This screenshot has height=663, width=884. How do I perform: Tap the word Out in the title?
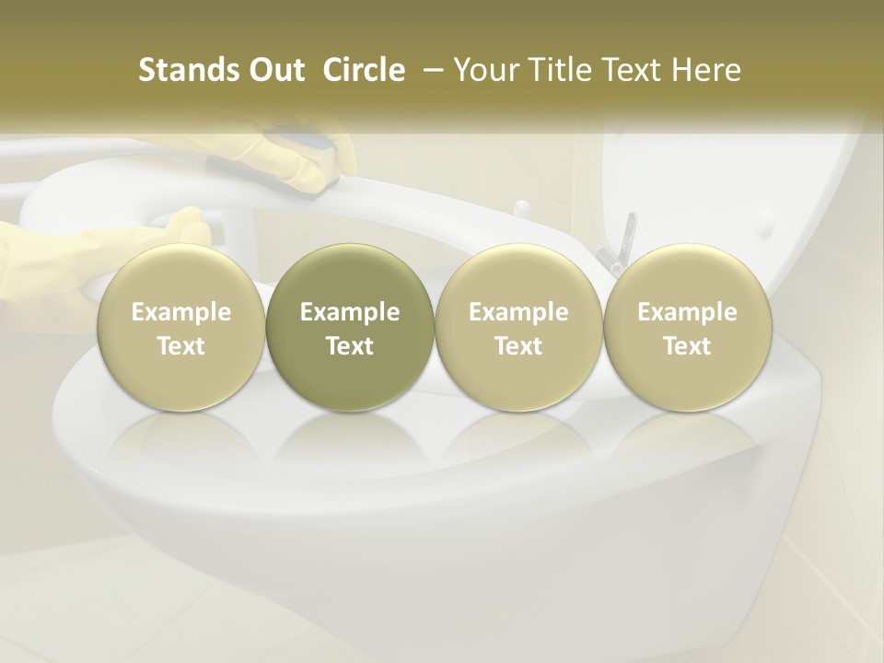click(274, 70)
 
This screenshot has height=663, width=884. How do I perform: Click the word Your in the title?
click(483, 70)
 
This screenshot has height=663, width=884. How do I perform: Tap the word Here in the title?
click(707, 70)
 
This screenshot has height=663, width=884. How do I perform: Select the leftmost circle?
click(181, 328)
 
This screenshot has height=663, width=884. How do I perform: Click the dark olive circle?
click(350, 328)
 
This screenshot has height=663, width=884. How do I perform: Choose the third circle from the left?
click(519, 328)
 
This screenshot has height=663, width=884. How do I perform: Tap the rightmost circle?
click(688, 328)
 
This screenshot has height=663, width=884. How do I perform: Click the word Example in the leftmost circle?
click(181, 312)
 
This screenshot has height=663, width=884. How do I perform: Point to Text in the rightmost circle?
click(688, 346)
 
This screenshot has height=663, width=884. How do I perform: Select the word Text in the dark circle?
click(350, 346)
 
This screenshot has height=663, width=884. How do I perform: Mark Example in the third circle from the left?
click(519, 312)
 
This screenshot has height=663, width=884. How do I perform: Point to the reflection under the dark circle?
click(350, 442)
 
